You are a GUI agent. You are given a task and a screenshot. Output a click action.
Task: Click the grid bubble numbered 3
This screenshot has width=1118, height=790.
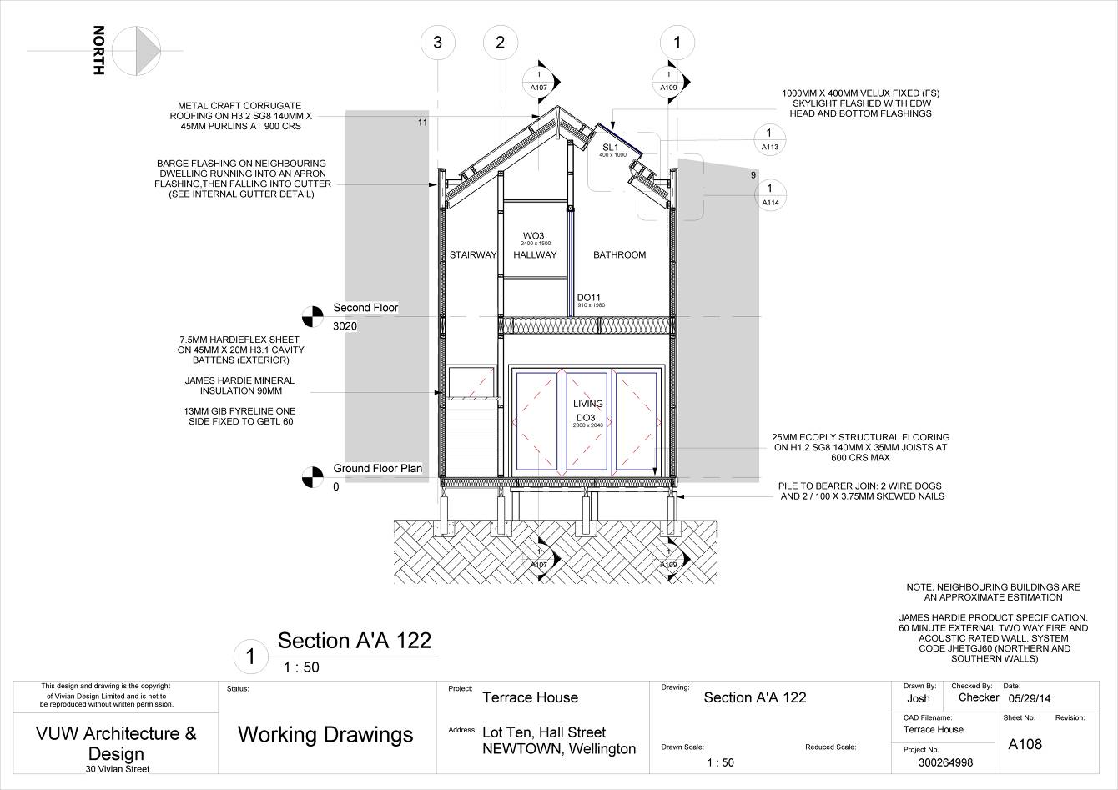click(x=438, y=43)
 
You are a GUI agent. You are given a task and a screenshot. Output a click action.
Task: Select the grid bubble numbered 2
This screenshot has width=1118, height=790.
click(x=501, y=43)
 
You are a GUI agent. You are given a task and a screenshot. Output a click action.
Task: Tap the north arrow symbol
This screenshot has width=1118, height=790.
click(x=136, y=51)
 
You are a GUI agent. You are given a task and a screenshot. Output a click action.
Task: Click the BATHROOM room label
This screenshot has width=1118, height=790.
click(x=619, y=255)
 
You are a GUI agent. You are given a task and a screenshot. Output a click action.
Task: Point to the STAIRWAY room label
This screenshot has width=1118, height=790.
click(x=473, y=255)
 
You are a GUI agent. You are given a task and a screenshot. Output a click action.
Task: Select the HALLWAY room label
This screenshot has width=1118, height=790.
click(x=535, y=255)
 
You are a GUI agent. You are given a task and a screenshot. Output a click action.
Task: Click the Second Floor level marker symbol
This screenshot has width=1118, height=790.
click(x=312, y=317)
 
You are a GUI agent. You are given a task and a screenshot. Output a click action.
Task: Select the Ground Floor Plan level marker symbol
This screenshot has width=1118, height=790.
click(x=312, y=477)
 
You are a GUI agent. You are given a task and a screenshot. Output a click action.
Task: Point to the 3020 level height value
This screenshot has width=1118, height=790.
click(x=345, y=326)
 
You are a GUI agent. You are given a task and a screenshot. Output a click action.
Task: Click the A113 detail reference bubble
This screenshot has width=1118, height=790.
click(x=769, y=139)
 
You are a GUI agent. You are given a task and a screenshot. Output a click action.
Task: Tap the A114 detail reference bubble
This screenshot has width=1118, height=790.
click(x=769, y=194)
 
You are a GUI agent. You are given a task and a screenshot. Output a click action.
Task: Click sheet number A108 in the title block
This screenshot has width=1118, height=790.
click(x=1025, y=744)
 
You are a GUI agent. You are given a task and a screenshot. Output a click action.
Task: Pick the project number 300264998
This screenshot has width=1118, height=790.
click(x=945, y=762)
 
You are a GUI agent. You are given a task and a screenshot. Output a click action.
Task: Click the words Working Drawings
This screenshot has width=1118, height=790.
click(x=325, y=734)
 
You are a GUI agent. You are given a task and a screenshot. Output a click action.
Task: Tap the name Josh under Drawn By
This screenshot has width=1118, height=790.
click(x=919, y=698)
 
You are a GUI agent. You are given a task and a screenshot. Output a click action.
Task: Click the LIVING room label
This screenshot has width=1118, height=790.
click(x=587, y=404)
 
